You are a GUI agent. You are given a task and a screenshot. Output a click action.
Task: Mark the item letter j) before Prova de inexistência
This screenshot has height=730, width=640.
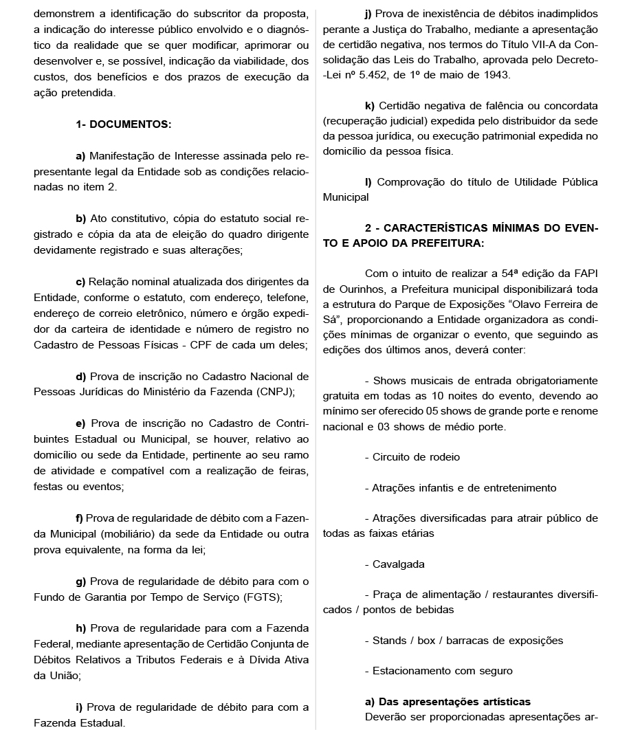tap(369, 14)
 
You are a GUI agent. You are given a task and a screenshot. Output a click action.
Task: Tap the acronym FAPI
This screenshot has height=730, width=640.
tap(584, 274)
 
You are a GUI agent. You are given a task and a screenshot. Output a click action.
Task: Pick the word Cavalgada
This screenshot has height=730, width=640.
tap(398, 564)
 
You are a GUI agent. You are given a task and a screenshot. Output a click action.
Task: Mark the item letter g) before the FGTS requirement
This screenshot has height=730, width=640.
tap(80, 582)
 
